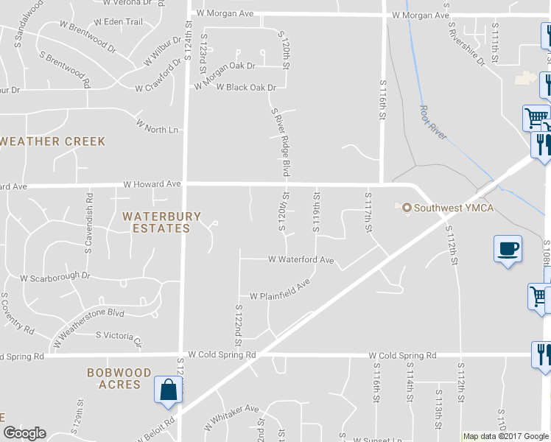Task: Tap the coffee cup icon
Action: pos(508,248)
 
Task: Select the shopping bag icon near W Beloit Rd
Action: pos(169,390)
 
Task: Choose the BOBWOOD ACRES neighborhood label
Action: pos(119,379)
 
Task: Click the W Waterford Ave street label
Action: pos(301,260)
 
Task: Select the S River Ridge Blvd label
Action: pos(278,143)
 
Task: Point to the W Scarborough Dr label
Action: pos(55,278)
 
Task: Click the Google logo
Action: pos(24,434)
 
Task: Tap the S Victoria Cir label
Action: pos(119,337)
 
